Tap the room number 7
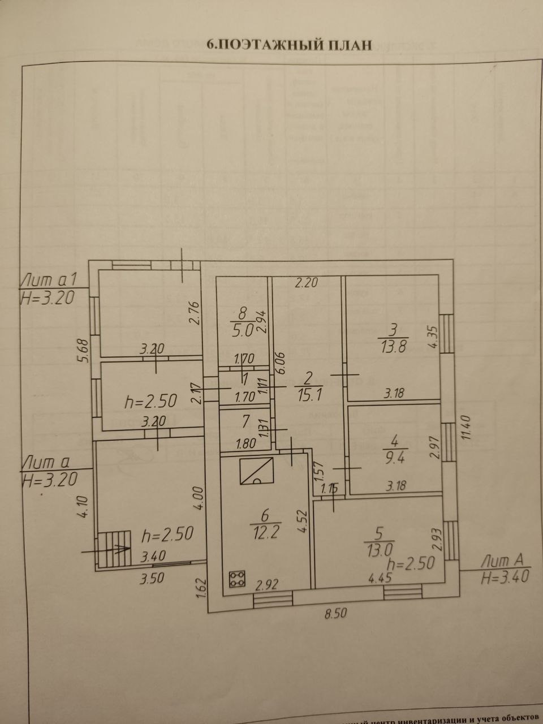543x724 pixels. point(245,421)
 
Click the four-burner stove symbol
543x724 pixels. point(238,579)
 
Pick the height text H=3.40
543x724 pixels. point(505,578)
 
